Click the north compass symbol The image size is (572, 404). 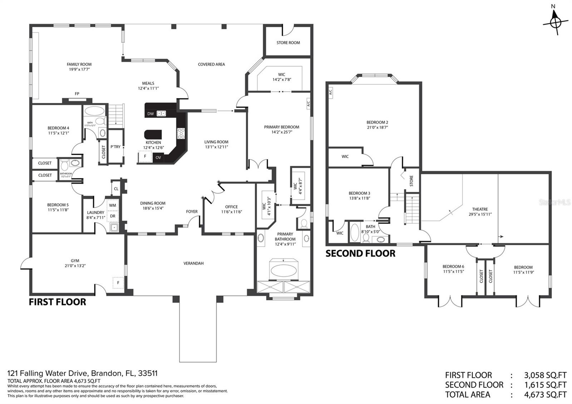(555, 22)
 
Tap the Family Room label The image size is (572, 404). (79, 64)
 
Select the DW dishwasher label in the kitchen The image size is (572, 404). (151, 114)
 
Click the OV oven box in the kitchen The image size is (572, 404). (158, 157)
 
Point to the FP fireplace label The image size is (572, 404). (77, 94)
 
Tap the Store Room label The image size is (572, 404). (288, 43)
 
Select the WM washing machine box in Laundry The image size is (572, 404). (113, 205)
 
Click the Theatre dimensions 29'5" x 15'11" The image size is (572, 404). (480, 215)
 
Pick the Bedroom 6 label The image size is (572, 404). (453, 266)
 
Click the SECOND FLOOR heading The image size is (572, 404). (360, 253)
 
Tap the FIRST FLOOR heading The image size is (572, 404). (57, 302)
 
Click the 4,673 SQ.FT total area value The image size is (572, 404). (545, 395)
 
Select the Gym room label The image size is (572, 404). (75, 261)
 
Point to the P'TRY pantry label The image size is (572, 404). (115, 147)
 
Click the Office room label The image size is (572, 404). (231, 207)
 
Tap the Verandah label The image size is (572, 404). (193, 263)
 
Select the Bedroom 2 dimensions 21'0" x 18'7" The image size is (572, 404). (377, 127)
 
